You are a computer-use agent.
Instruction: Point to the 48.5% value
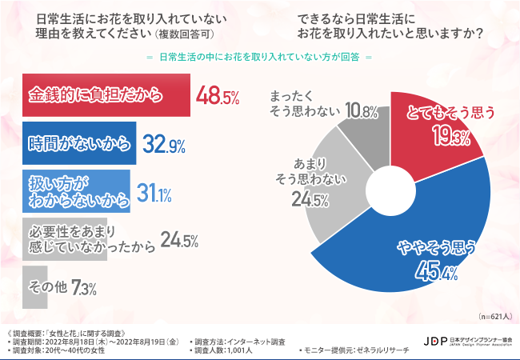click(x=218, y=97)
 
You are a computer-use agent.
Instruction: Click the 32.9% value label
click(x=164, y=145)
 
